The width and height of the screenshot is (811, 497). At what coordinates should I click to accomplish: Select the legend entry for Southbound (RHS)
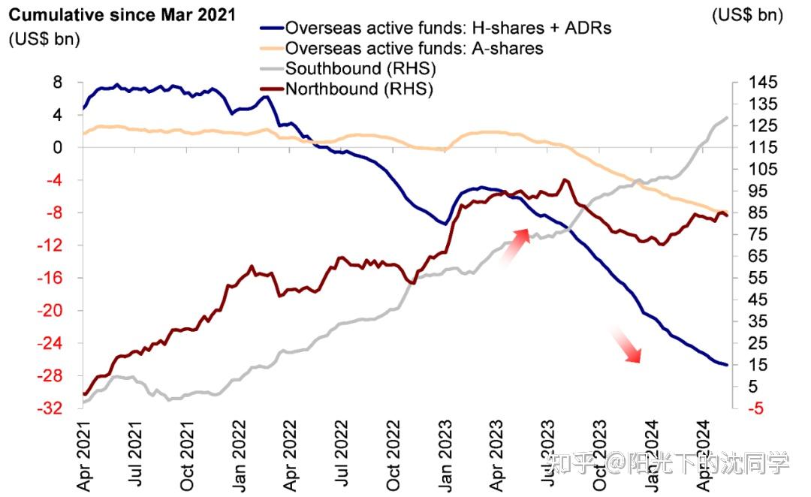click(360, 68)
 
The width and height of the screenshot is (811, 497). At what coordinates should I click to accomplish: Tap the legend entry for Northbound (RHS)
click(360, 89)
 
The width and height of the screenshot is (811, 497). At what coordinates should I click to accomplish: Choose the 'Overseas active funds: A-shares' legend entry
click(415, 48)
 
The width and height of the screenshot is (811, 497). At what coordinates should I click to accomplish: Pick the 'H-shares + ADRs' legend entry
click(449, 28)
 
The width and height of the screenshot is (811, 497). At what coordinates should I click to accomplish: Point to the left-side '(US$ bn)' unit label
click(44, 40)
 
